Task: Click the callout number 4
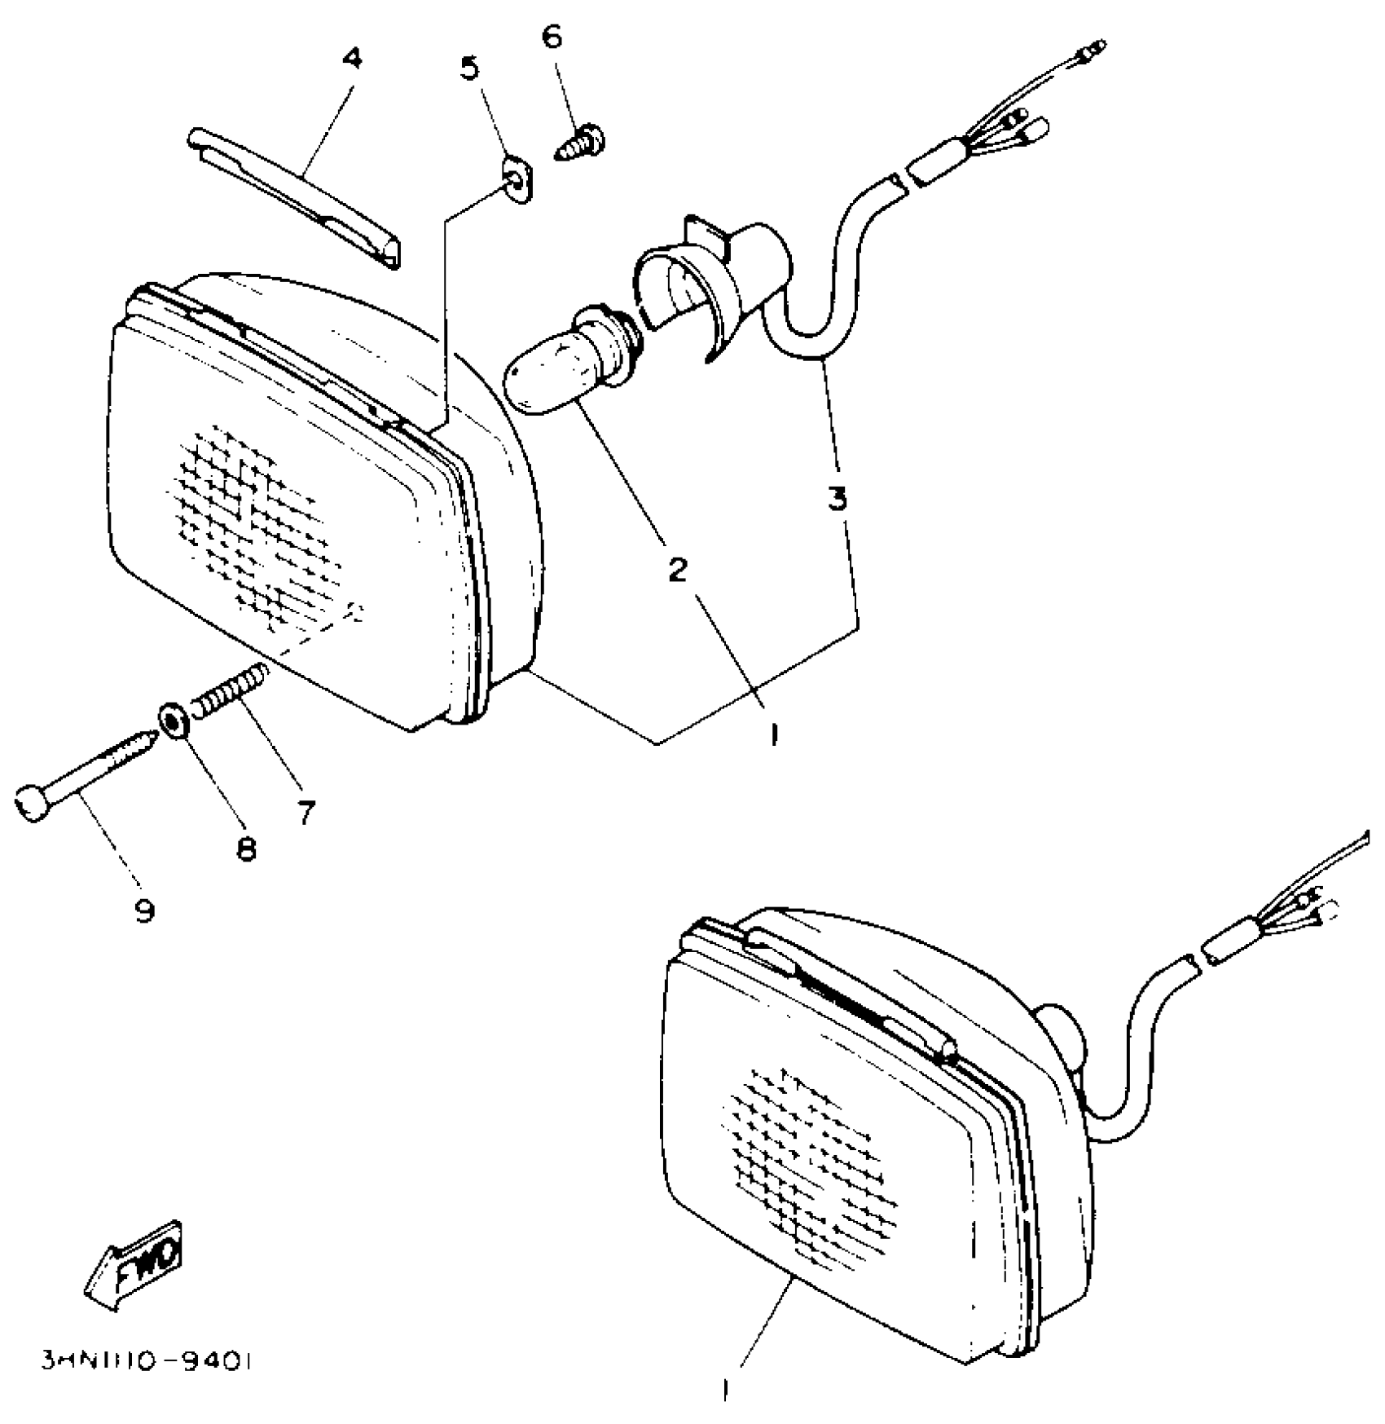coord(352,60)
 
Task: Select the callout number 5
coord(469,68)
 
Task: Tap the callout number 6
coord(552,37)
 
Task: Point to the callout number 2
coord(677,570)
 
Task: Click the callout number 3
coord(838,498)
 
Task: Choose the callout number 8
coord(245,849)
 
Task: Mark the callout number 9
coord(144,910)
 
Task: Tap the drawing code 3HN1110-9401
coord(147,1362)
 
